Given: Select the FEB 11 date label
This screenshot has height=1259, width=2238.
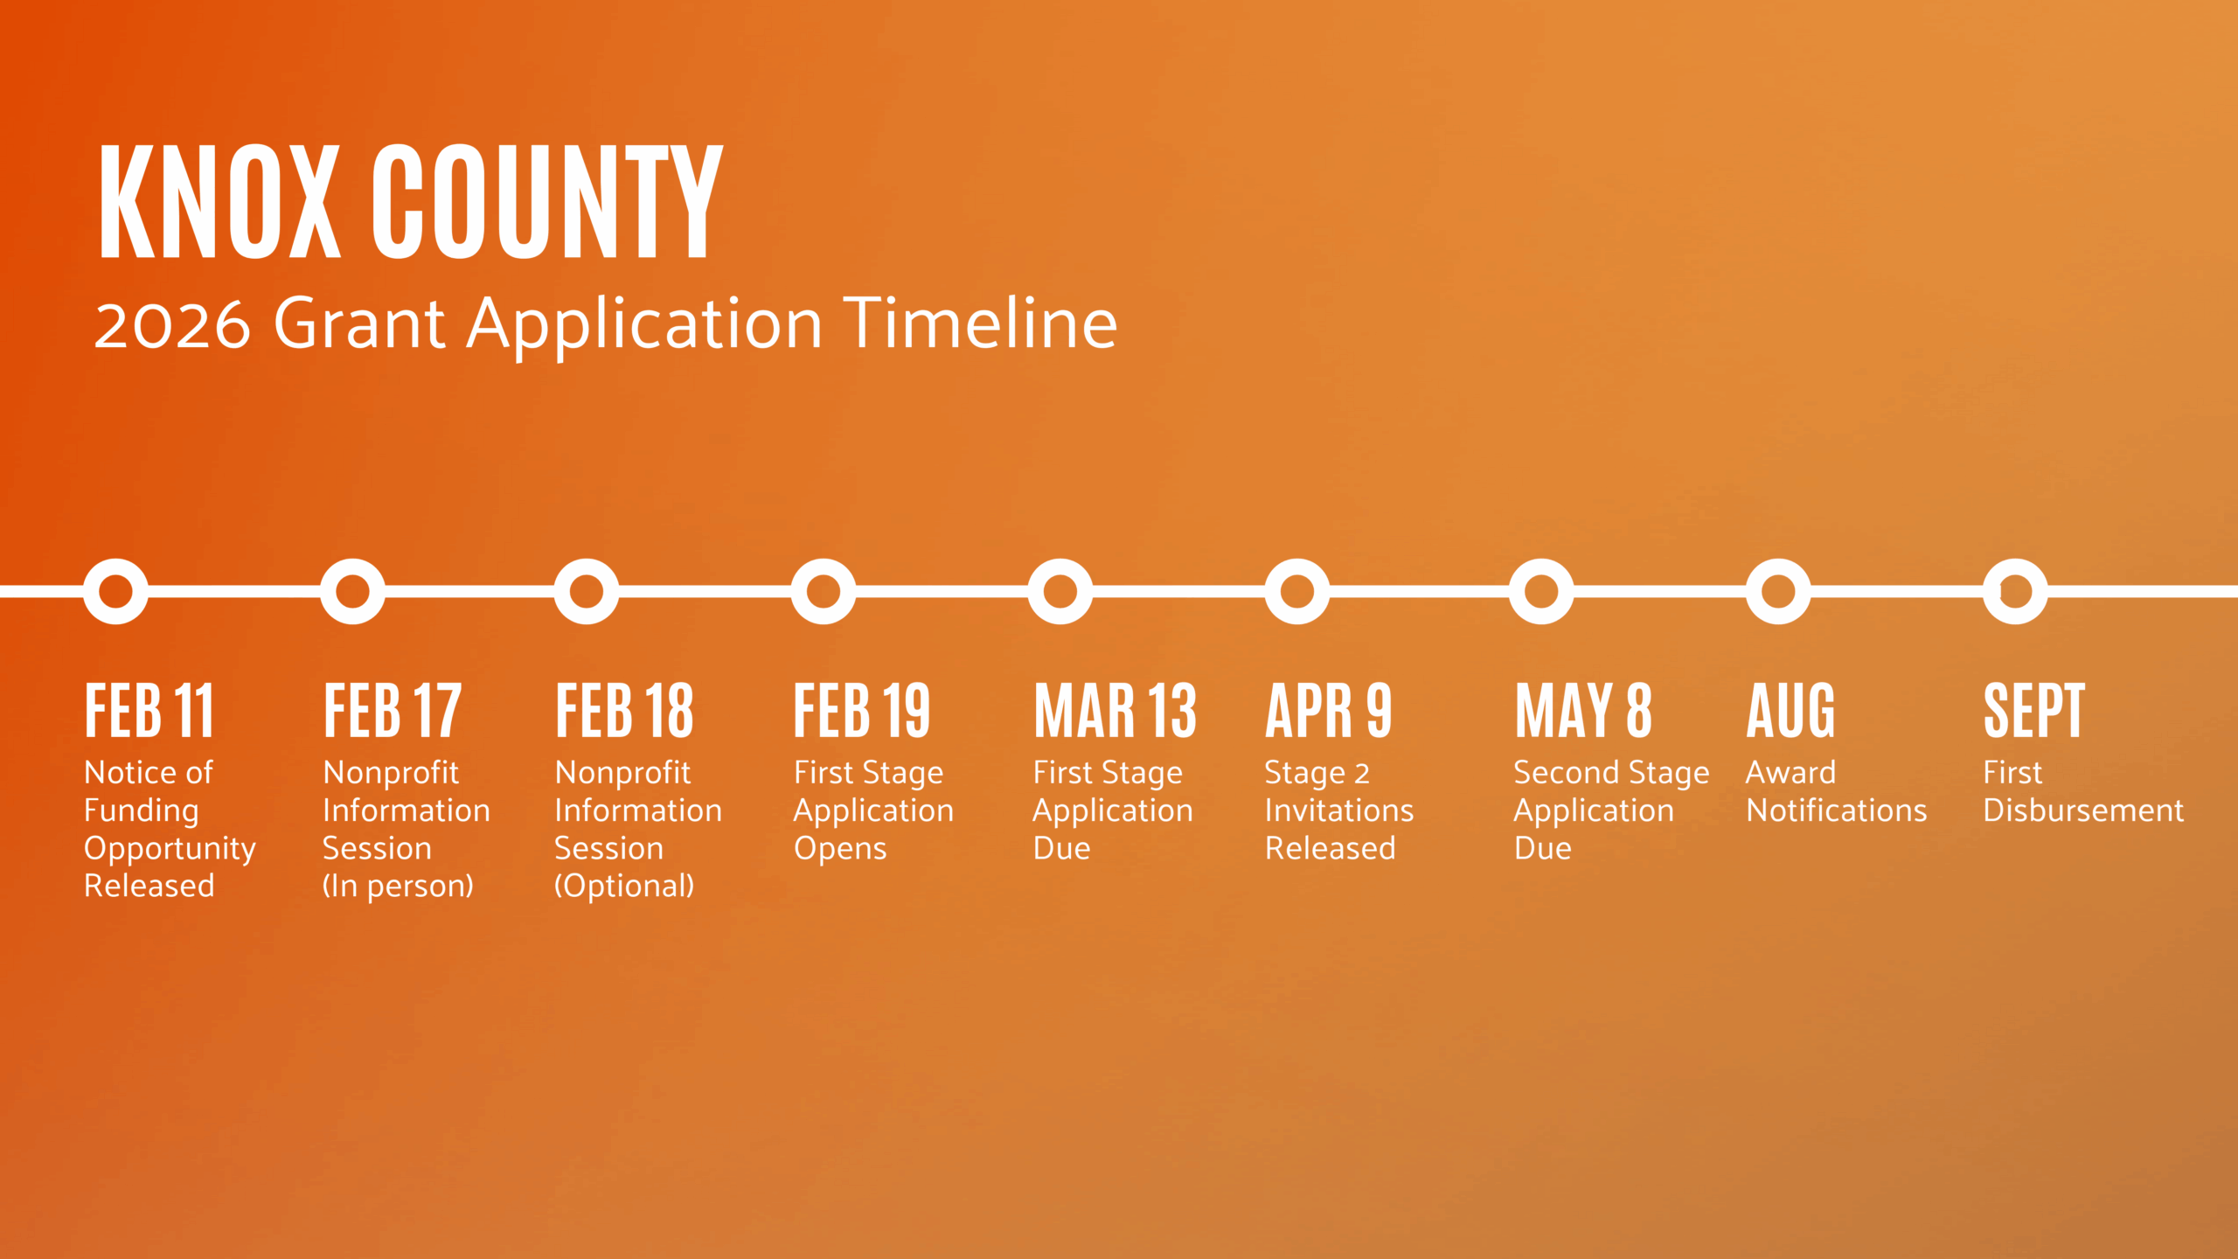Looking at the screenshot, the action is [x=149, y=710].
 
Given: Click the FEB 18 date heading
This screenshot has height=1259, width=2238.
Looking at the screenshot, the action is [x=624, y=710].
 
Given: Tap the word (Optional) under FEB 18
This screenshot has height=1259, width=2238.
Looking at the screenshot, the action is [x=624, y=886].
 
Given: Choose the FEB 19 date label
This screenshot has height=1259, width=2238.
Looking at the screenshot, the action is [x=862, y=710].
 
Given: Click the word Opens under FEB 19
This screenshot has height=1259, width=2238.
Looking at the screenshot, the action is [x=840, y=849].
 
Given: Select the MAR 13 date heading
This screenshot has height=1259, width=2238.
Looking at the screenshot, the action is [x=1115, y=710].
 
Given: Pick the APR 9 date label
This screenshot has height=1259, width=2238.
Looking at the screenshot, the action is [x=1328, y=710].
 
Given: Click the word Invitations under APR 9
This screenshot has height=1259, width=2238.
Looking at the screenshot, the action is [x=1339, y=810].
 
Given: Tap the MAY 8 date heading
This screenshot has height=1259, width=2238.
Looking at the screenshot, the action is [x=1583, y=710].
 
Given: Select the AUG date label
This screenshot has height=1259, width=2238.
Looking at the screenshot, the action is [x=1790, y=710].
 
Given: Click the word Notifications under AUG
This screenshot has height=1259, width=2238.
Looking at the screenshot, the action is [x=1837, y=810].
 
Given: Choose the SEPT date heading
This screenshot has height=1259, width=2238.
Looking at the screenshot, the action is [x=2034, y=710].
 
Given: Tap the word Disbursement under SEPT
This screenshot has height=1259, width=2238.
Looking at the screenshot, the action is [x=2083, y=810].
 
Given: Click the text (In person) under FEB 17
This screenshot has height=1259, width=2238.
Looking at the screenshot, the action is [x=398, y=886].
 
